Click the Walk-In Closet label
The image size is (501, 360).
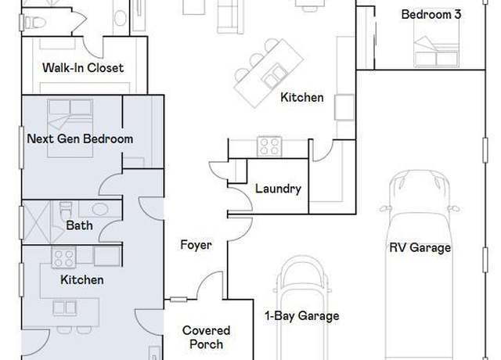[x=83, y=68]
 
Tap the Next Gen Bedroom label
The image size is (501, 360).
[x=80, y=139]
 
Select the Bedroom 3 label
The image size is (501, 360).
[x=431, y=14]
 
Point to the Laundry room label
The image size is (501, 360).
[x=278, y=189]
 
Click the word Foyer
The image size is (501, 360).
[x=196, y=245]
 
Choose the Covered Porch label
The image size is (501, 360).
[x=206, y=337]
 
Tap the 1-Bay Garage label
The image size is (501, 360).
[x=302, y=316]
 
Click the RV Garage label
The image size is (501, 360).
[x=420, y=247]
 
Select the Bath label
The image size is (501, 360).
[x=79, y=225]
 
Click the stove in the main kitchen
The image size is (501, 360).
[x=269, y=146]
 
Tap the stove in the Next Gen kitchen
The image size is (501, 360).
[x=64, y=257]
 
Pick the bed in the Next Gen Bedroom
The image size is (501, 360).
[x=70, y=128]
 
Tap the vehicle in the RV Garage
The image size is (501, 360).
[x=420, y=265]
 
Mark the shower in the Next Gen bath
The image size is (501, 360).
[x=37, y=222]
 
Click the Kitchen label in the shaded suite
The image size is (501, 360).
[x=81, y=280]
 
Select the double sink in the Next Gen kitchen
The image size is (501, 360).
[x=64, y=308]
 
